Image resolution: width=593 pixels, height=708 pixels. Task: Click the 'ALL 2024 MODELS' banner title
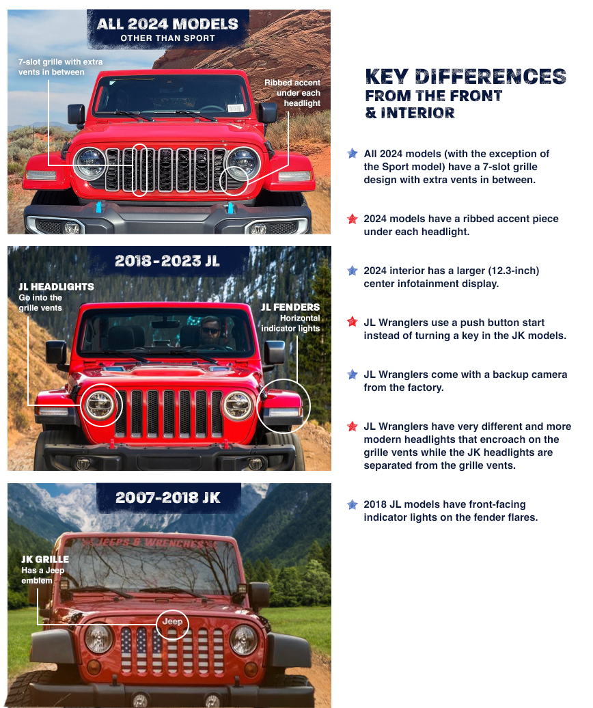(167, 24)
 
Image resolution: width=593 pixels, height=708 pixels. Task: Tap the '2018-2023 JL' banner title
(167, 260)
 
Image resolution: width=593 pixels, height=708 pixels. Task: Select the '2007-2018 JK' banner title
(167, 498)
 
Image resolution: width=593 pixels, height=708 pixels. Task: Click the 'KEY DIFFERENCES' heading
(465, 77)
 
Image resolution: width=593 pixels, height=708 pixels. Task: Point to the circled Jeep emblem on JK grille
(172, 622)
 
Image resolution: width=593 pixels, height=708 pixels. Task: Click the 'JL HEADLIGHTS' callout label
(56, 286)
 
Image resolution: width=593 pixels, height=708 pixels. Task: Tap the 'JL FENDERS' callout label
(290, 307)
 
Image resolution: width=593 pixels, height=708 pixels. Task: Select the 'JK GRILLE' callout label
(45, 559)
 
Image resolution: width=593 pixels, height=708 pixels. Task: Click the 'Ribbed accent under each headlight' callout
(292, 93)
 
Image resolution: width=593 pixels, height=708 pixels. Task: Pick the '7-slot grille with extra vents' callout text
(60, 67)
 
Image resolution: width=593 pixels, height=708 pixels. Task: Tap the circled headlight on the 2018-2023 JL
(101, 405)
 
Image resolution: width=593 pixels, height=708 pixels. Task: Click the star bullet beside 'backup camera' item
(352, 375)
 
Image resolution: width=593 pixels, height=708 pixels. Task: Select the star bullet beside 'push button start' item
(352, 322)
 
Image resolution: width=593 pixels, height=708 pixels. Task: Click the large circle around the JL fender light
(283, 408)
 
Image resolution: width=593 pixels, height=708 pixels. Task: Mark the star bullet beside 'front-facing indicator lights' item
(352, 504)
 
